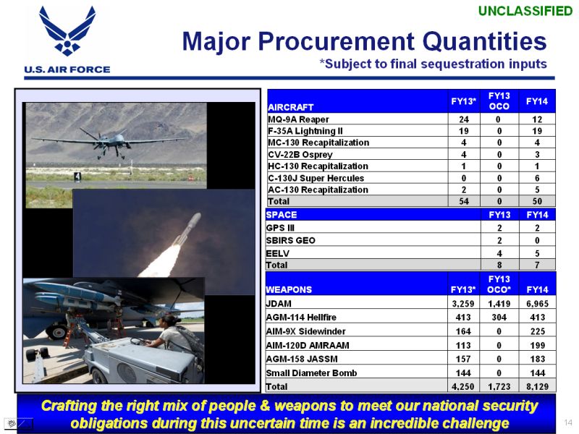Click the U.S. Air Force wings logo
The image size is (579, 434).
coord(67,30)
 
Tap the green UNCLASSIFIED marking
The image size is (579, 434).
coord(525,11)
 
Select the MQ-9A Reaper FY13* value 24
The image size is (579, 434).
coord(464,119)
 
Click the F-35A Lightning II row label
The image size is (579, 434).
coord(305,131)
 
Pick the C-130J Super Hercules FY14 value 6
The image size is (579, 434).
coord(537,178)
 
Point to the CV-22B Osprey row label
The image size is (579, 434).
coord(300,155)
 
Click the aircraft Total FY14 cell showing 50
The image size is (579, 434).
coord(537,201)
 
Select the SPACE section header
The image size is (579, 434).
coord(282,215)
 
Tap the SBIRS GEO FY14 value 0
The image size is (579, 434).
coord(537,241)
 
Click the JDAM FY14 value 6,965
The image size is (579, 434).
coord(537,304)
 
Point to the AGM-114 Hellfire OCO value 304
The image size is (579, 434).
coord(499,318)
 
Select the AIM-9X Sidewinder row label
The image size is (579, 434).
coord(305,331)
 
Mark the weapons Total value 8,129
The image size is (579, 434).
coord(537,386)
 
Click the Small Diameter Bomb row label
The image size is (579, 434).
coord(311,373)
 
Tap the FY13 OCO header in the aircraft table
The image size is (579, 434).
coord(499,101)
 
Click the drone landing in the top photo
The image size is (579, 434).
coord(110,140)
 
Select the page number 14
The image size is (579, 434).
coord(568,422)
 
